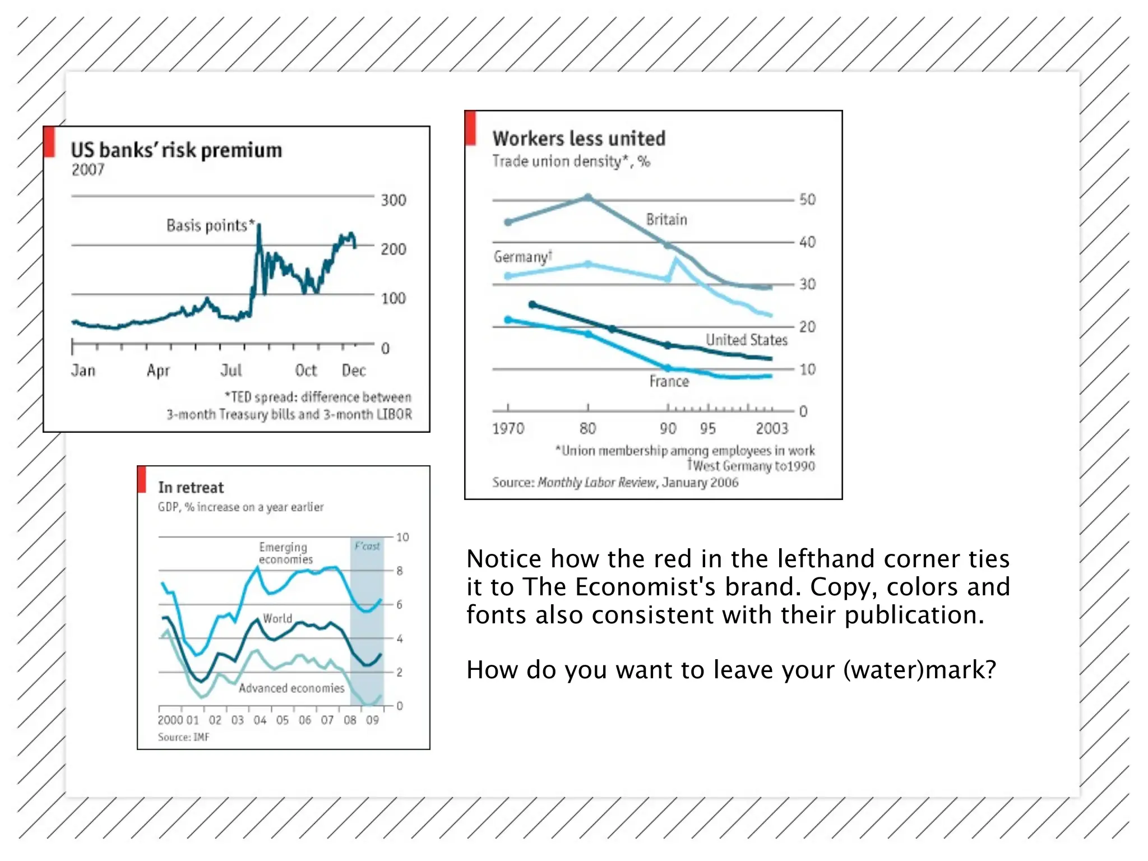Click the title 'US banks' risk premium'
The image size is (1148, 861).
point(176,150)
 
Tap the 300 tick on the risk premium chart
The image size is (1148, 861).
point(393,200)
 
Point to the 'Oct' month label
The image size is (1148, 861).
point(306,371)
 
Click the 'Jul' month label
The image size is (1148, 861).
point(231,371)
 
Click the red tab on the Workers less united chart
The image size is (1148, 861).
point(470,128)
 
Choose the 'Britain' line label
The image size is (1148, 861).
point(666,219)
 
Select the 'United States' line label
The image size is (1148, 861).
point(746,340)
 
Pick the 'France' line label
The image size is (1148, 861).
point(669,382)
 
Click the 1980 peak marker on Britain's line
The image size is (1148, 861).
point(588,197)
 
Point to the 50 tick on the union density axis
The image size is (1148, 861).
point(807,200)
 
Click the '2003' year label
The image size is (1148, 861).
point(772,429)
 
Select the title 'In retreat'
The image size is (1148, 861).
point(191,488)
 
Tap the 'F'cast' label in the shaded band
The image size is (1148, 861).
point(367,546)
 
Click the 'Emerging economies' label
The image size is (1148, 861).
point(285,553)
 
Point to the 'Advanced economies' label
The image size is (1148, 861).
point(291,688)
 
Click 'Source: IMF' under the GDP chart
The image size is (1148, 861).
point(183,737)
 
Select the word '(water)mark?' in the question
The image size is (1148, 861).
point(919,670)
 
